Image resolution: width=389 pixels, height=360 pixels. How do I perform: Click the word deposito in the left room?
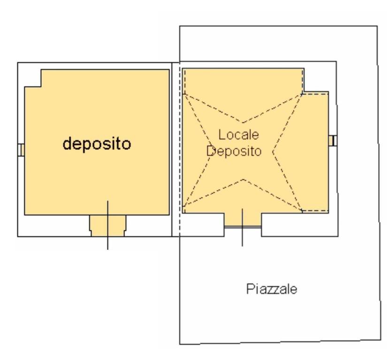pyautogui.click(x=97, y=144)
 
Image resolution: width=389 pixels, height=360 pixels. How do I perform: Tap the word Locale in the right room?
pyautogui.click(x=239, y=135)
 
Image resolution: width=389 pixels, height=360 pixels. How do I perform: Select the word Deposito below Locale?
pyautogui.click(x=234, y=151)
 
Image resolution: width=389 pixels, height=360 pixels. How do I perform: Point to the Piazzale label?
pyautogui.click(x=272, y=289)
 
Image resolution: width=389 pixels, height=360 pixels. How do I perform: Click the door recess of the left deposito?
pyautogui.click(x=107, y=226)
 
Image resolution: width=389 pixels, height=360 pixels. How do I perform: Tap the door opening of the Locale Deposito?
pyautogui.click(x=243, y=220)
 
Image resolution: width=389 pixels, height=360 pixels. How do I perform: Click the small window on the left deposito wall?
pyautogui.click(x=21, y=150)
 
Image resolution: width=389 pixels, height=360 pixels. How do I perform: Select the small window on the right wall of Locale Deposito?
pyautogui.click(x=333, y=141)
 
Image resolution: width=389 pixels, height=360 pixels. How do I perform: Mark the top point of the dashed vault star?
pyautogui.click(x=243, y=123)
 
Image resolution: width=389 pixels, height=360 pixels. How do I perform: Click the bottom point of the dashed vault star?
pyautogui.click(x=244, y=180)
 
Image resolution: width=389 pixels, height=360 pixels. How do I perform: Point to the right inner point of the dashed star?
pyautogui.click(x=273, y=152)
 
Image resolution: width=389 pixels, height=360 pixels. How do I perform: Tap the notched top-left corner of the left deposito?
pyautogui.click(x=41, y=87)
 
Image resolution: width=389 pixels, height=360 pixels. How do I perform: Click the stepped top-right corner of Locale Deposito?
pyautogui.click(x=304, y=91)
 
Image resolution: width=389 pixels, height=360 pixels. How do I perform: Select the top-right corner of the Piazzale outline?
pyautogui.click(x=377, y=26)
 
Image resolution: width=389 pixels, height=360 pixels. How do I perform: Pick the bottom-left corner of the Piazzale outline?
pyautogui.click(x=180, y=345)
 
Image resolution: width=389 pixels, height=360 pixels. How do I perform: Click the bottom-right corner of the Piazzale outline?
pyautogui.click(x=381, y=340)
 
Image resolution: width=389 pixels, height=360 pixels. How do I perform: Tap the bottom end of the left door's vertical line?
pyautogui.click(x=107, y=249)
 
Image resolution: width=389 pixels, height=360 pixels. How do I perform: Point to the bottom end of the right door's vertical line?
pyautogui.click(x=243, y=246)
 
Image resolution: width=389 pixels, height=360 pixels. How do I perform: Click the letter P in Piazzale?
pyautogui.click(x=250, y=289)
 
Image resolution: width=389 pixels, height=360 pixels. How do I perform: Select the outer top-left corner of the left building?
pyautogui.click(x=18, y=63)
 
